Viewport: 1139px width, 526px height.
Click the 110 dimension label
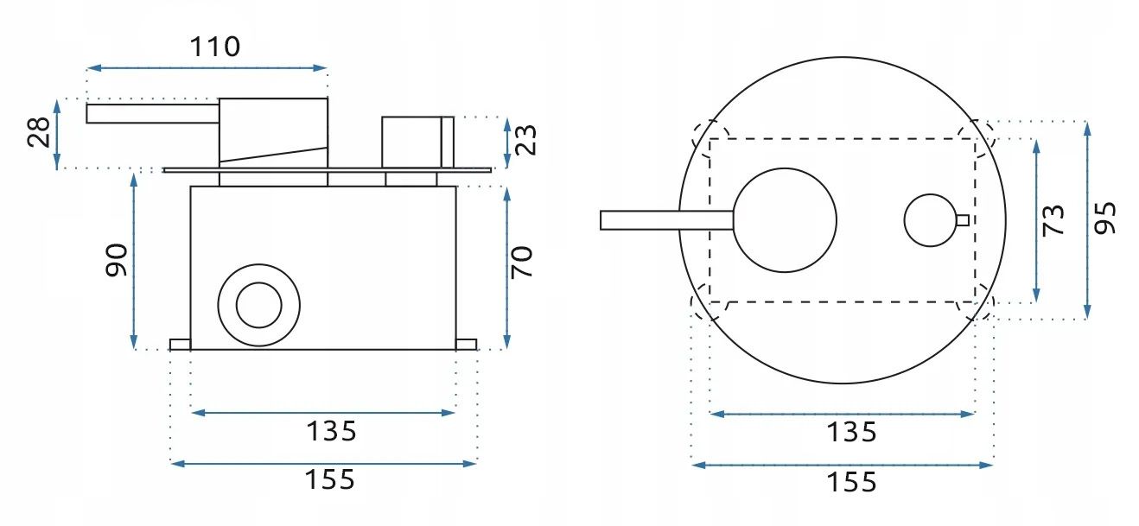215,46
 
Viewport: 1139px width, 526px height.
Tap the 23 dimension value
526,139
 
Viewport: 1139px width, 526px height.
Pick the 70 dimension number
523,262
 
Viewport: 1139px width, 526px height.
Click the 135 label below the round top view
850,432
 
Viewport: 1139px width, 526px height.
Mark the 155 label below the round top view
850,482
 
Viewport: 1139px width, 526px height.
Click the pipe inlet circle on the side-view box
258,305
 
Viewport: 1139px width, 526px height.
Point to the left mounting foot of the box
180,345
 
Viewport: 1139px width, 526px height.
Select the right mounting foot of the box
467,345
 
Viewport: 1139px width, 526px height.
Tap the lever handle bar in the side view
152,113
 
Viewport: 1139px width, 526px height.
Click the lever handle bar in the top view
665,220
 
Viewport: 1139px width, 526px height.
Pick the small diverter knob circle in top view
930,219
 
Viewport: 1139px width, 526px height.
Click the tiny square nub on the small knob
962,219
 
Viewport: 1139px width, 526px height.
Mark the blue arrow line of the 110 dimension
207,67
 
